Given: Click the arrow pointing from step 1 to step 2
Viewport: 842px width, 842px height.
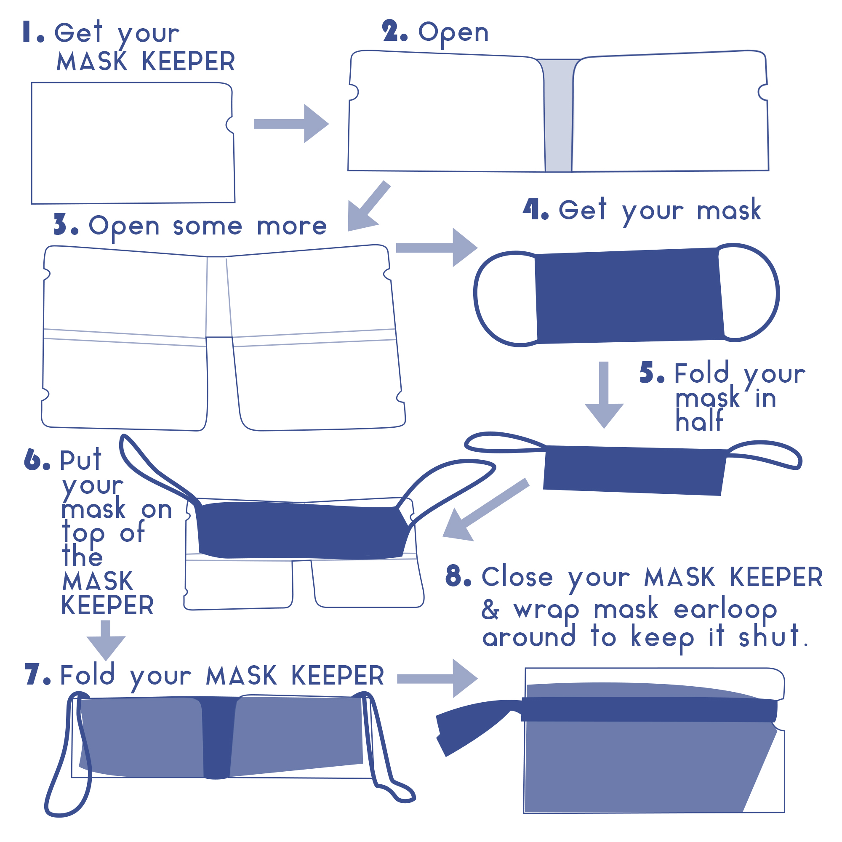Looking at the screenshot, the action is coord(291,124).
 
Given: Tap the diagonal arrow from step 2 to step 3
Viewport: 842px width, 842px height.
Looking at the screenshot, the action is coord(369,206).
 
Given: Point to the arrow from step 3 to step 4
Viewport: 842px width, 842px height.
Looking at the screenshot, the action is coord(437,248).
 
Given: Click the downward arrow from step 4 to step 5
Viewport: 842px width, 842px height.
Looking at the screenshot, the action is coord(604,395).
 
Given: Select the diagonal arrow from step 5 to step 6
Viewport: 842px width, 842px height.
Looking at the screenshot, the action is coord(485,509).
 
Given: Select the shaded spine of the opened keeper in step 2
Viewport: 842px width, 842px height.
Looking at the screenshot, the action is coord(558,115).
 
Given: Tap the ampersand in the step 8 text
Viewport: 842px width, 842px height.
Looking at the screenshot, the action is coord(490,609).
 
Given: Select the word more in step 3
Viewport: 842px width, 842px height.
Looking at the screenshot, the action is coord(292,226).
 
